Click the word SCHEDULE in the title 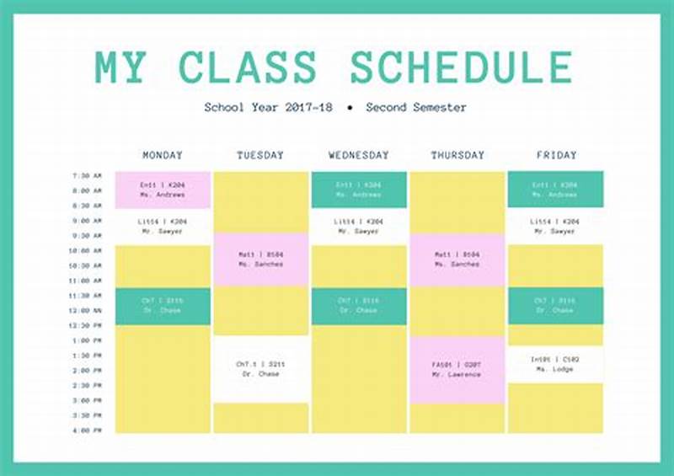[x=461, y=67]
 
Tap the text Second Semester [x=416, y=108]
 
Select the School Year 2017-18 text [x=269, y=108]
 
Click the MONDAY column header [x=163, y=156]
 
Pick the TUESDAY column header [x=260, y=156]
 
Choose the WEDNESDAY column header [x=359, y=156]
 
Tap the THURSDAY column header [x=457, y=156]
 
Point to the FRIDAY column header [x=556, y=156]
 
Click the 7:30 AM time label [x=87, y=176]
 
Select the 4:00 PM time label [x=87, y=431]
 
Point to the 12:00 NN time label [x=87, y=310]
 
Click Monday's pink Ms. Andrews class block [x=163, y=190]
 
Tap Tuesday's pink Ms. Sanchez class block [x=260, y=259]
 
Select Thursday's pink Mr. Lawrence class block [x=457, y=370]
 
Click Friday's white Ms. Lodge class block [x=555, y=364]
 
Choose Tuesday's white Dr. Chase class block [x=260, y=369]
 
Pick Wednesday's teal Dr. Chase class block [x=359, y=306]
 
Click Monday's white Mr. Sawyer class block [x=163, y=226]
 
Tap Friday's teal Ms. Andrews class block [x=555, y=190]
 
